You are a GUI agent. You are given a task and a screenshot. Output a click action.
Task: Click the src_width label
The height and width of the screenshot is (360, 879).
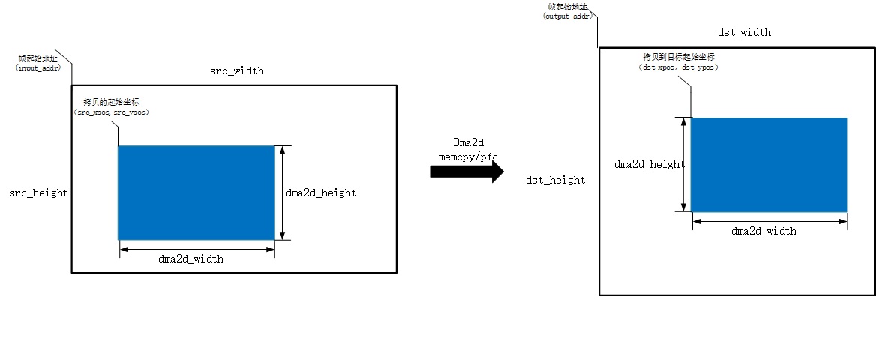tap(236, 71)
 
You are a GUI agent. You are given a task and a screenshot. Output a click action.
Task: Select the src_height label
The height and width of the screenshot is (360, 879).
tap(38, 193)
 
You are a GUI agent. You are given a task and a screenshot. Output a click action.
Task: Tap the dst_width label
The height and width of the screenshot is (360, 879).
tap(744, 33)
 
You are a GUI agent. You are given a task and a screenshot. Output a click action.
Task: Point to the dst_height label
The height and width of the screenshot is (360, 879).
tap(556, 180)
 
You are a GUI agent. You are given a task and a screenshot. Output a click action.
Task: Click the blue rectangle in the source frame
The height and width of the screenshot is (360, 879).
tap(196, 193)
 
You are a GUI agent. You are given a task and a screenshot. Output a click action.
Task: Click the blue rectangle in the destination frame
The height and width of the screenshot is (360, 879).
tap(769, 165)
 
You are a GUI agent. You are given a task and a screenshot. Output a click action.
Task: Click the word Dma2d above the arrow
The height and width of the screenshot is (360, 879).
tap(468, 142)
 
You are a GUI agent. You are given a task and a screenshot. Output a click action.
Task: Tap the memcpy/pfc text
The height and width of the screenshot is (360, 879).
tap(468, 156)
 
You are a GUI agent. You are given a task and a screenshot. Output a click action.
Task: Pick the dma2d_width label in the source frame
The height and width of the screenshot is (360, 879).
tap(190, 259)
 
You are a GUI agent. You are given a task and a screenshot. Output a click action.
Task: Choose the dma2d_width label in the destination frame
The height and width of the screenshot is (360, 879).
tap(763, 232)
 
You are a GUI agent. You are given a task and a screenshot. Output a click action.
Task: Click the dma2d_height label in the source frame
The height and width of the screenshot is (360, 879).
tap(321, 193)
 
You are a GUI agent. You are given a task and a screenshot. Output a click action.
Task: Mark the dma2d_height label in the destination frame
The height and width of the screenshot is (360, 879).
tap(649, 165)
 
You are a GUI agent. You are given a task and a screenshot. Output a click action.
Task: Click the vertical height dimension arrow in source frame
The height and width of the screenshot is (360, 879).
tap(282, 193)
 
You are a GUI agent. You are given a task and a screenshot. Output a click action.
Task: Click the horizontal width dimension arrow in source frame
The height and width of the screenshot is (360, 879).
tap(196, 249)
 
